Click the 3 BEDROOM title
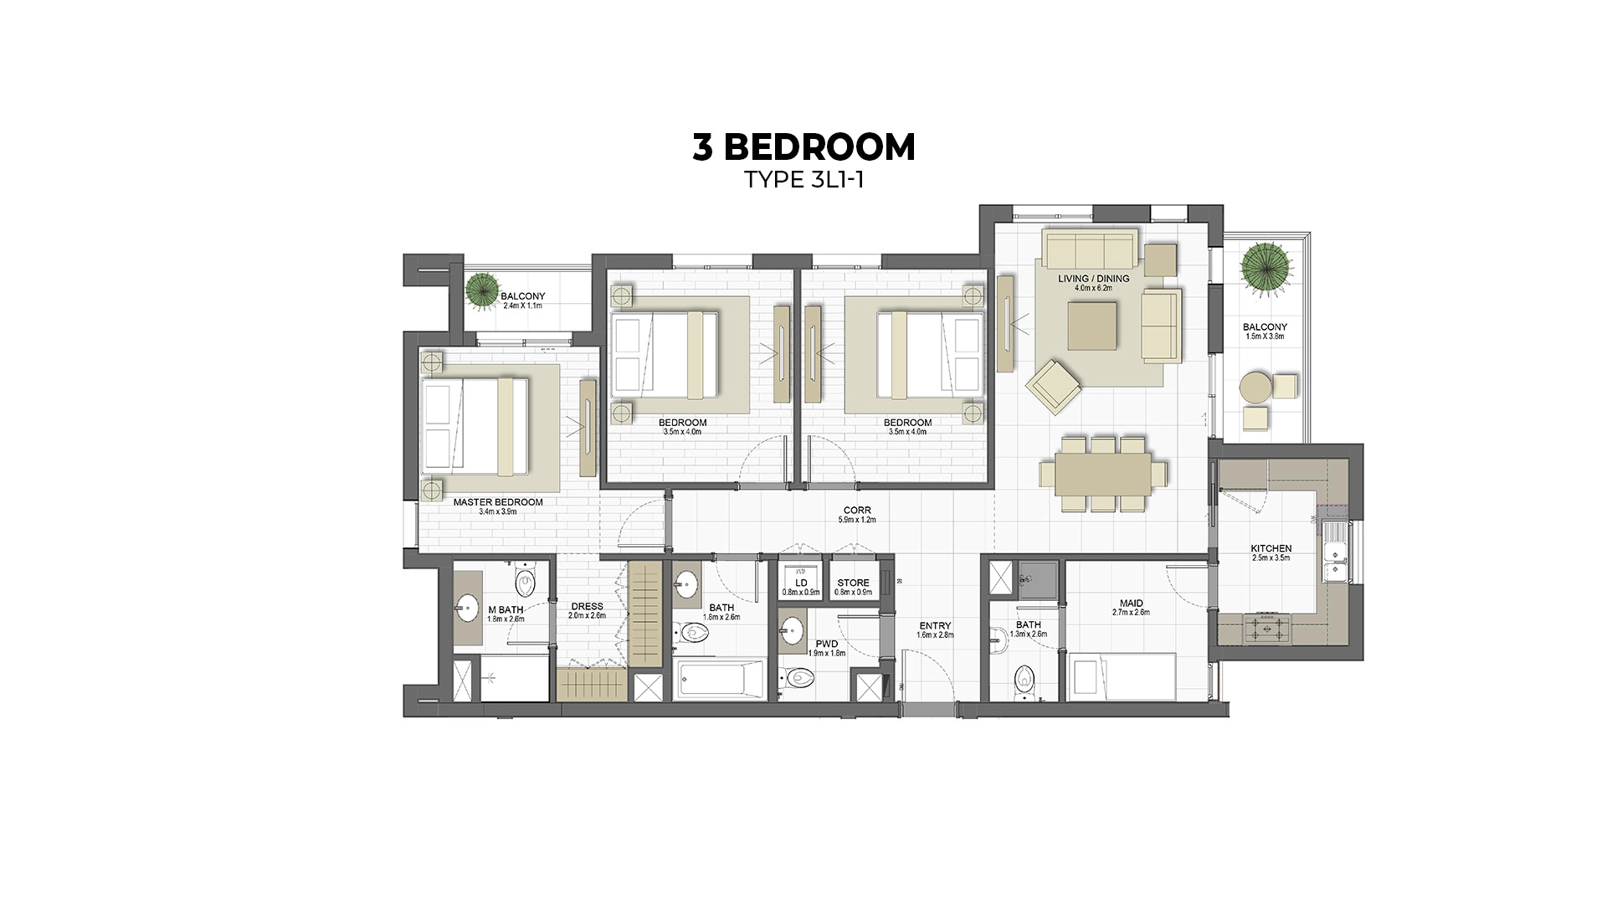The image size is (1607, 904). (803, 146)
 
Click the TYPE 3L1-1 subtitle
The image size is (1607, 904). (803, 180)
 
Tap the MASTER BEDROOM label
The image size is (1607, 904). (497, 502)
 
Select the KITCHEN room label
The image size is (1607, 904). (1271, 548)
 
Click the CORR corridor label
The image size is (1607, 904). (856, 510)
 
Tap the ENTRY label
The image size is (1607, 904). (934, 625)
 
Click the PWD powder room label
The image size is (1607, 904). (826, 644)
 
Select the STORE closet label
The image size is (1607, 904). (853, 583)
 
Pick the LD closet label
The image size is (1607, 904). (801, 583)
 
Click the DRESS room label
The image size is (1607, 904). (587, 606)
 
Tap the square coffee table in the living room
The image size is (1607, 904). (1092, 326)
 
